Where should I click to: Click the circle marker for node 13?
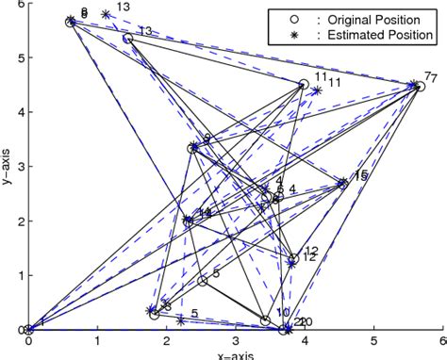pyautogui.click(x=127, y=39)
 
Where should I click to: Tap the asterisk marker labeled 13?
pyautogui.click(x=105, y=14)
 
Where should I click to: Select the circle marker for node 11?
pyautogui.click(x=303, y=85)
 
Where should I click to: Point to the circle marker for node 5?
pyautogui.click(x=203, y=281)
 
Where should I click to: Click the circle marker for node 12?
pyautogui.click(x=293, y=258)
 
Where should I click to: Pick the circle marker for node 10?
pyautogui.click(x=266, y=320)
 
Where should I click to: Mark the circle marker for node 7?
pyautogui.click(x=421, y=87)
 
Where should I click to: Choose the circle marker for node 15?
pyautogui.click(x=342, y=185)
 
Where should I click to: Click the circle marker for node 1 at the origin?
pyautogui.click(x=29, y=330)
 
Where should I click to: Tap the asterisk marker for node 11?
pyautogui.click(x=317, y=91)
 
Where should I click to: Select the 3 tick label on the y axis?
pyautogui.click(x=20, y=167)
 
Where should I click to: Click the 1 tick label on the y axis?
pyautogui.click(x=20, y=276)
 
